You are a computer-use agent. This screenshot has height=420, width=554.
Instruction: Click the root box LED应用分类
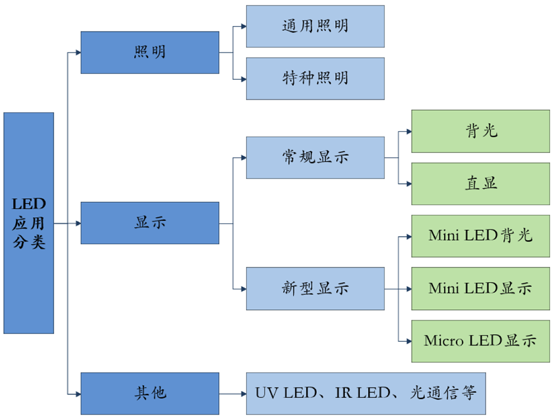[x=29, y=223]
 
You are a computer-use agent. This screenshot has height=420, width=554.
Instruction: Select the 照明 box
[x=150, y=53]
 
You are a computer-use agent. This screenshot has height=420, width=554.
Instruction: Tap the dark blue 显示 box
[x=150, y=223]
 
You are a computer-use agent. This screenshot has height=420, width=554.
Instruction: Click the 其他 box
[x=150, y=393]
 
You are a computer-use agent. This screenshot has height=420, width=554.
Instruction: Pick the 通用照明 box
[x=315, y=27]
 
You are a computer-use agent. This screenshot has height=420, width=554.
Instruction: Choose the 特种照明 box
[x=315, y=79]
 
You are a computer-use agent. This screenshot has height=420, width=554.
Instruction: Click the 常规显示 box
[x=315, y=157]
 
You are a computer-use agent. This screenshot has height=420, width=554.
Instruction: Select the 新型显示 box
[x=315, y=289]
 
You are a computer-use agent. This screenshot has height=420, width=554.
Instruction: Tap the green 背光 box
[x=480, y=131]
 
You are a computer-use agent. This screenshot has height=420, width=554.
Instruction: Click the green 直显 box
[x=480, y=183]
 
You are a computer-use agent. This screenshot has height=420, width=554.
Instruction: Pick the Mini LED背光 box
[x=480, y=236]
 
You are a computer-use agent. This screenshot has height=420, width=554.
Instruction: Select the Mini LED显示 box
[x=480, y=289]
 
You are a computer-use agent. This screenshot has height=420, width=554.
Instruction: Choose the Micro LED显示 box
[x=480, y=341]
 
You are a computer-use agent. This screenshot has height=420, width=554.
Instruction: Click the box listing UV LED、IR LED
[x=366, y=393]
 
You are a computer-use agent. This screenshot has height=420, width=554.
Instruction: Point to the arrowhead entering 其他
[x=78, y=393]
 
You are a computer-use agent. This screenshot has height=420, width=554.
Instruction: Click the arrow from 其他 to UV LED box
[x=233, y=393]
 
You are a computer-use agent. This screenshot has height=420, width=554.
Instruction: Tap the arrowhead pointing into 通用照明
[x=243, y=27]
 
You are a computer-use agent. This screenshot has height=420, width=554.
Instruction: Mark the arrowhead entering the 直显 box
[x=408, y=183]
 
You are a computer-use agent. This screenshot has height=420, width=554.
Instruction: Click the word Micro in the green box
[x=444, y=341]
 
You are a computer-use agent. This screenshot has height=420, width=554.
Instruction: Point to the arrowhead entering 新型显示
[x=243, y=289]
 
